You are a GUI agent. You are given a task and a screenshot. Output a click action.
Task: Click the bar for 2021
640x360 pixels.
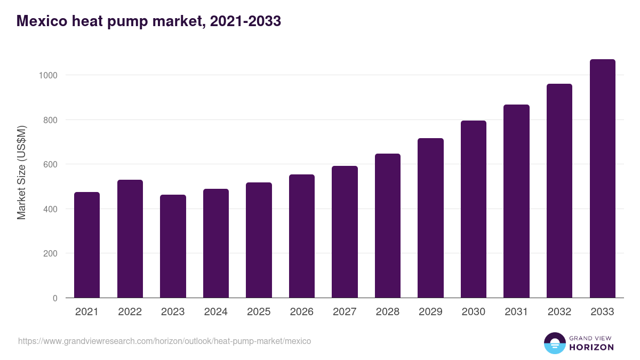tap(87, 245)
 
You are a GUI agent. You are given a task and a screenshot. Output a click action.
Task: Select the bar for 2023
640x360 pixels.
tap(173, 246)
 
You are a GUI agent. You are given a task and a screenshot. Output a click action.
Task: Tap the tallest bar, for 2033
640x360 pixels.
tap(602, 178)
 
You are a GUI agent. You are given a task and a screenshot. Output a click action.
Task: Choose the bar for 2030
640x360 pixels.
tap(474, 209)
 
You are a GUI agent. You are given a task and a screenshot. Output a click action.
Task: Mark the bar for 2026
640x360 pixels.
tap(302, 236)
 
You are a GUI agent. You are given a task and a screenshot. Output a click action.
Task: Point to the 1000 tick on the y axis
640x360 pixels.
tap(48, 75)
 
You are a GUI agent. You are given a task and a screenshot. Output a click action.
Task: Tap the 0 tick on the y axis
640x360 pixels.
tap(55, 298)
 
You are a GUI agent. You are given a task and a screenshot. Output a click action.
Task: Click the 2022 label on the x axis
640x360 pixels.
tap(130, 312)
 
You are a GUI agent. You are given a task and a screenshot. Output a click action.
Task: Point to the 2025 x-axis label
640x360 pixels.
tap(259, 312)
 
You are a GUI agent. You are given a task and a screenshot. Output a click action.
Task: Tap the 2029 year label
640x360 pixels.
tap(430, 312)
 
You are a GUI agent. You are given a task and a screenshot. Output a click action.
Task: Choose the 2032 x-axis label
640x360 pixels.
tap(559, 312)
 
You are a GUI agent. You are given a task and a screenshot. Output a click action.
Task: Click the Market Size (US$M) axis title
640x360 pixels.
tap(22, 172)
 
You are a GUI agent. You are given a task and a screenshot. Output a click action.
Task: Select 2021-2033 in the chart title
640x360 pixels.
tap(245, 21)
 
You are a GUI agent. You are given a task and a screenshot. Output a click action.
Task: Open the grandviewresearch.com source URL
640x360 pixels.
tap(164, 341)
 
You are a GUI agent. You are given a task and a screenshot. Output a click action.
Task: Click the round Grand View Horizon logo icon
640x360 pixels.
tap(554, 343)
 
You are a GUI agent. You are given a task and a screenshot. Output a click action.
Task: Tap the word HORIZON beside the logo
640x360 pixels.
tap(591, 347)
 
